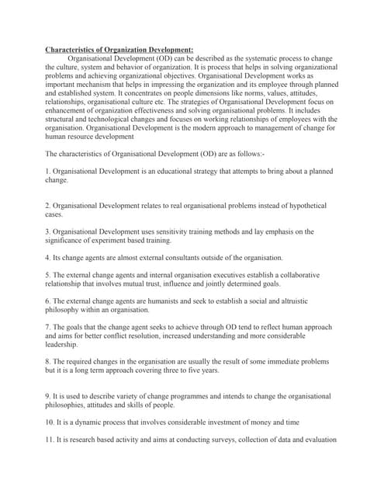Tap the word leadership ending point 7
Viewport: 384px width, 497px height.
pyautogui.click(x=62, y=344)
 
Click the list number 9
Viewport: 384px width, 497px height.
pyautogui.click(x=48, y=396)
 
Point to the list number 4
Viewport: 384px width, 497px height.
pyautogui.click(x=48, y=257)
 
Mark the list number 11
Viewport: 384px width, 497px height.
pyautogui.click(x=50, y=440)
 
